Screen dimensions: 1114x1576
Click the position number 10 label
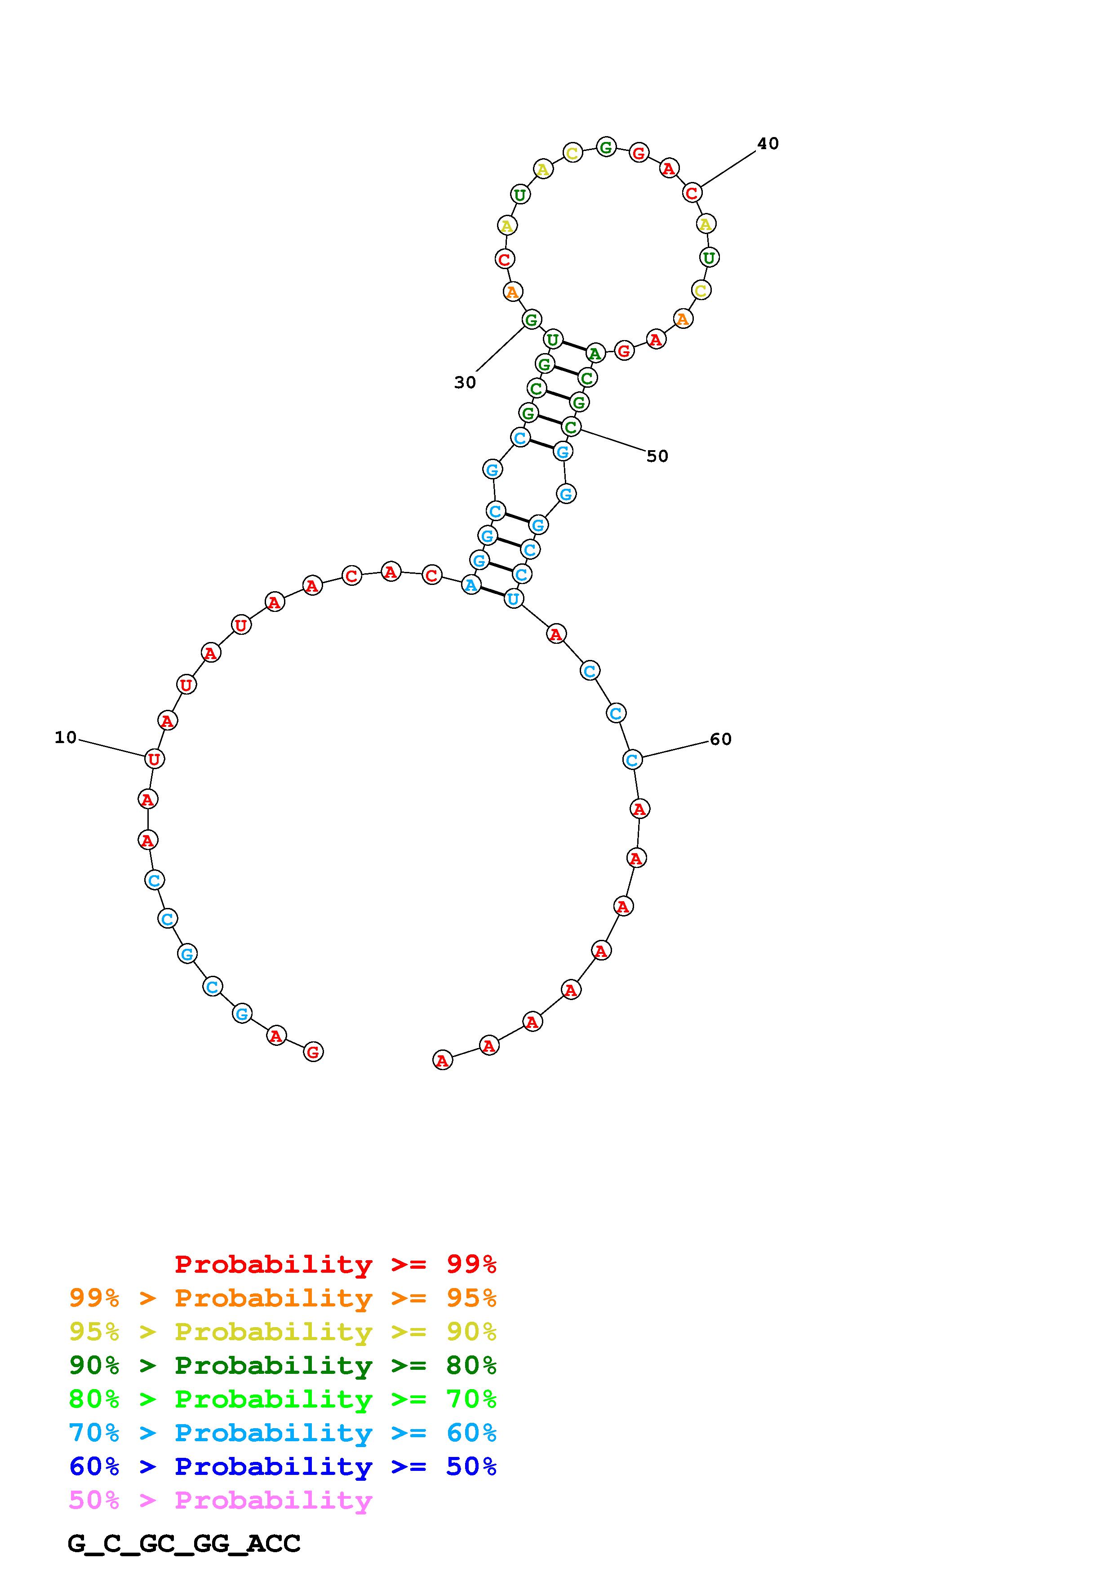click(66, 738)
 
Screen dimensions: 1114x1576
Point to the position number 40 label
click(768, 143)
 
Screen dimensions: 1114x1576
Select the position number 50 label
click(657, 456)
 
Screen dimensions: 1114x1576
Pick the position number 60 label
click(721, 739)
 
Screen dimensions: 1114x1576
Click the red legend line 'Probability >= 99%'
click(336, 1264)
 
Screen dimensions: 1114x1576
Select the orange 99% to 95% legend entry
click(283, 1297)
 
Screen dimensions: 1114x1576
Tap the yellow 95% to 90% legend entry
click(283, 1331)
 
